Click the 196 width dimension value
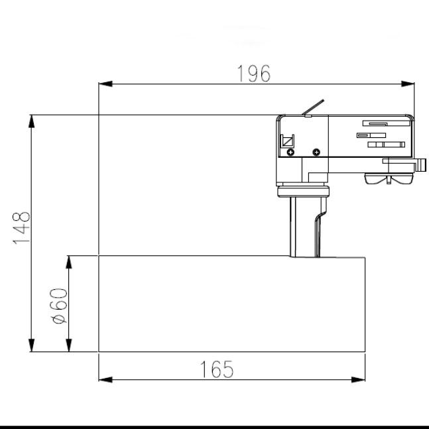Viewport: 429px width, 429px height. click(x=255, y=74)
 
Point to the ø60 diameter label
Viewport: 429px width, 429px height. click(x=58, y=306)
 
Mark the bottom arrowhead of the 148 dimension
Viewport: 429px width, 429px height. click(x=31, y=346)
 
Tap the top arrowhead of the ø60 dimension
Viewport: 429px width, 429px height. click(x=68, y=261)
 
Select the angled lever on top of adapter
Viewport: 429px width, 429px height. click(x=314, y=107)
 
